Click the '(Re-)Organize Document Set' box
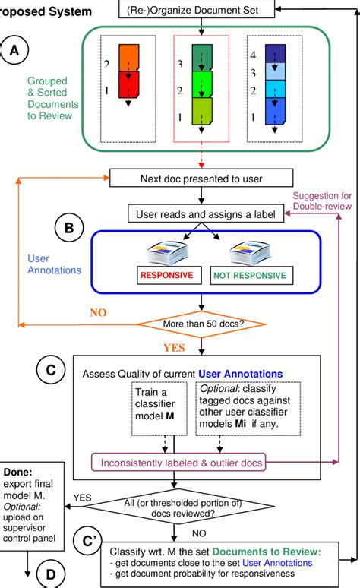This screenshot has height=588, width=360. tap(201, 10)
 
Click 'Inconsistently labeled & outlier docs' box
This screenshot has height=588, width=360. tap(199, 461)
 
